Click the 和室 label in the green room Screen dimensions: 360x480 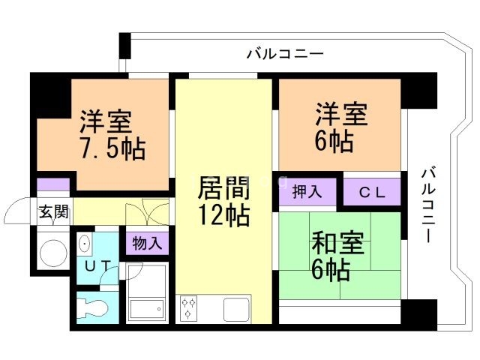point(337,244)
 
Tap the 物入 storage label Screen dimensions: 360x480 point(146,243)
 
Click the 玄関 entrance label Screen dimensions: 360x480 point(54,211)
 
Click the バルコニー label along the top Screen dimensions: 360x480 point(285,54)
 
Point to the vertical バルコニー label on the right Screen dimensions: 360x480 point(426,202)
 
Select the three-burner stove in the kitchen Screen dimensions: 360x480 point(189,307)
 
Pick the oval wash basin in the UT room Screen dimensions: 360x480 point(84,243)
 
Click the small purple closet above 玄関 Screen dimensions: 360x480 point(53,184)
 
